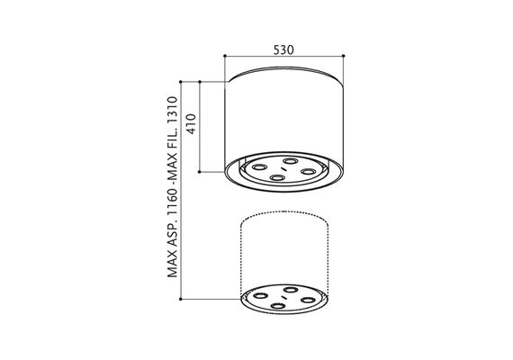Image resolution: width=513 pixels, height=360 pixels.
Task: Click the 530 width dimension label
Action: click(x=283, y=49)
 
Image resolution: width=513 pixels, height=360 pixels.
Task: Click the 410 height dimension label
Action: click(x=191, y=123)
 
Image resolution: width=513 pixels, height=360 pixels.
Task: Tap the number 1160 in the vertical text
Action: click(x=173, y=205)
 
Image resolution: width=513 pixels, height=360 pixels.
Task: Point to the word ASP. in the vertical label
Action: click(x=173, y=237)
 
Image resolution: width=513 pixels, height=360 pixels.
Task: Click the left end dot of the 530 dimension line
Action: click(x=225, y=56)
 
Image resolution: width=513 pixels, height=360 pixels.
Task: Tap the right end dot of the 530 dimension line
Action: click(x=343, y=56)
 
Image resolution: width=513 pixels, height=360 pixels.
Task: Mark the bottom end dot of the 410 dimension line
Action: click(x=200, y=172)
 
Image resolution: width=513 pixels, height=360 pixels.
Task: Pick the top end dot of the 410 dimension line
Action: click(x=200, y=81)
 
